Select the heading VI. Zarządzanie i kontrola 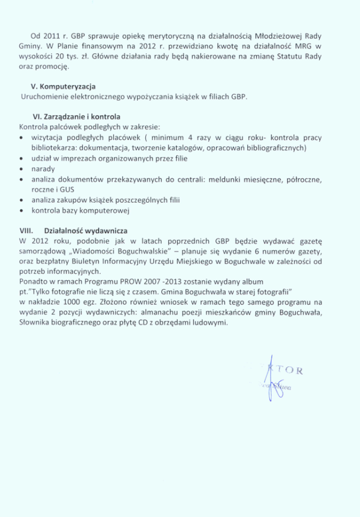pos(75,116)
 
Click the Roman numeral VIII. pos(27,232)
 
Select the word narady pos(43,169)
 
